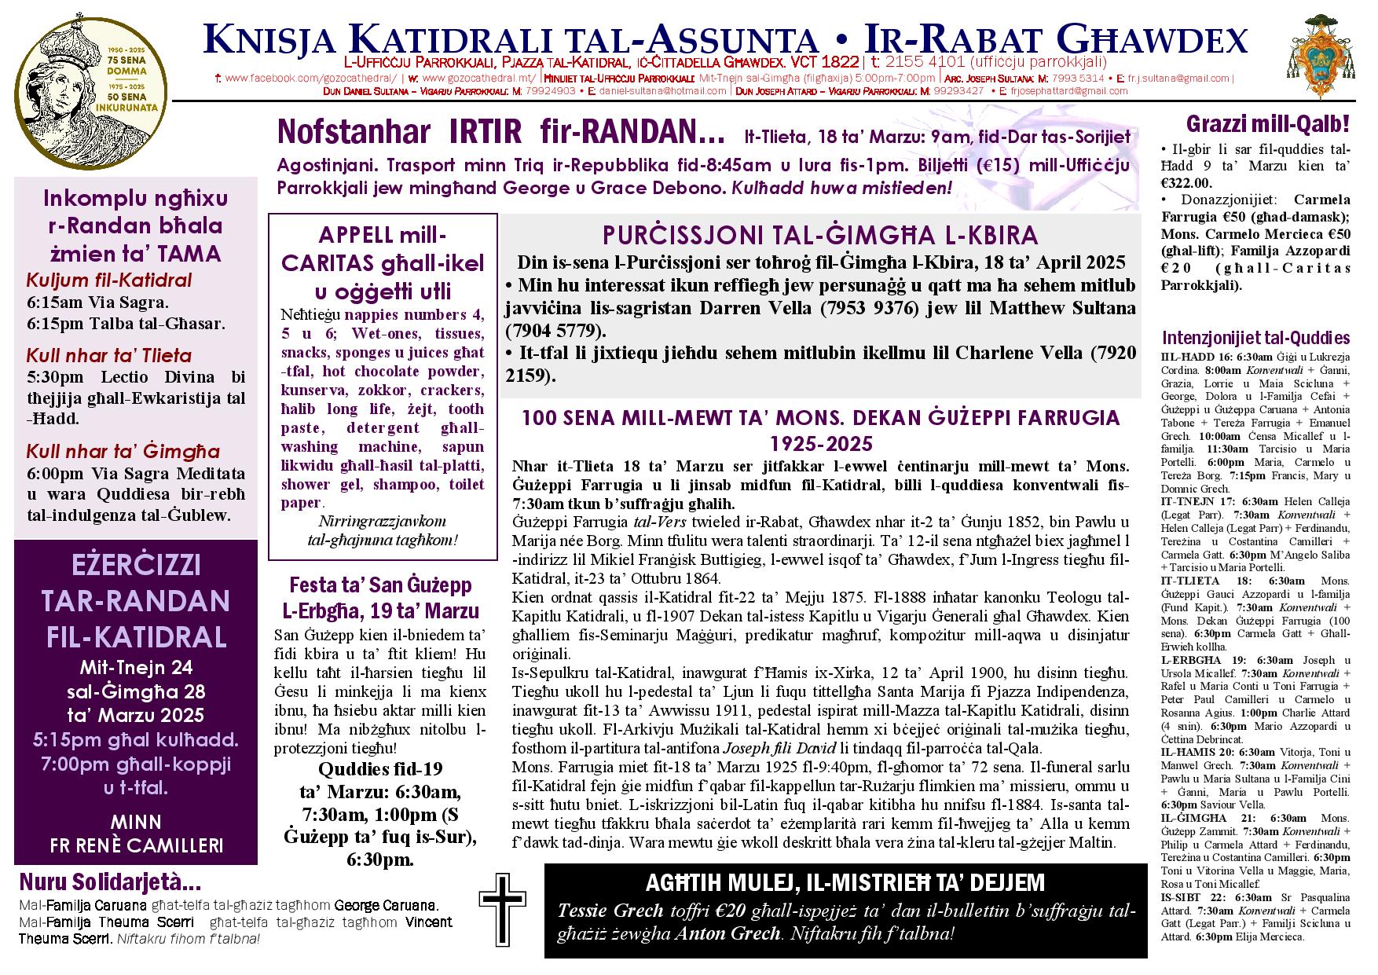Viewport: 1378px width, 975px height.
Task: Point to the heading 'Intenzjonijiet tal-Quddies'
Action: point(1255,339)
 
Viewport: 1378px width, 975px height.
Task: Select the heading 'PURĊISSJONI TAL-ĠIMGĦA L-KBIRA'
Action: point(820,236)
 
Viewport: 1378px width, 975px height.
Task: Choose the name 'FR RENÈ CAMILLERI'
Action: point(136,845)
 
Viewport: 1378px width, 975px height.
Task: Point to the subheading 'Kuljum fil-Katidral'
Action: point(108,280)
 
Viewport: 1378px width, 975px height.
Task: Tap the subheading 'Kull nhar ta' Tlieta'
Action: point(108,355)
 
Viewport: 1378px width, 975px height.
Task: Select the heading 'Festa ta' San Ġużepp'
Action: point(380,585)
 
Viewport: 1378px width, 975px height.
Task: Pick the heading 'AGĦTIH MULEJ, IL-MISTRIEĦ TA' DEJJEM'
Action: point(845,883)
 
